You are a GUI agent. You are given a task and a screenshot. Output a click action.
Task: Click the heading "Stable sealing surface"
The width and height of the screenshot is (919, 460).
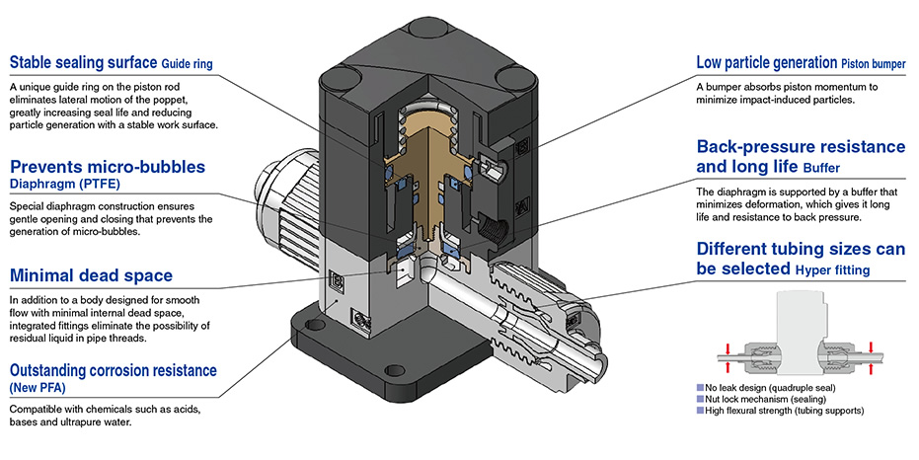[83, 62]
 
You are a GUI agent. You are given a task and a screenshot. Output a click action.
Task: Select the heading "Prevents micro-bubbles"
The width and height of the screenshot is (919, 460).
[108, 167]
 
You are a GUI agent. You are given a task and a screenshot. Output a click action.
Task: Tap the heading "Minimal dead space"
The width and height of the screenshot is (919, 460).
[92, 275]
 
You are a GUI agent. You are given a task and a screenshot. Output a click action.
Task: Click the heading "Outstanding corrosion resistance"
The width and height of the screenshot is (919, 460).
[114, 370]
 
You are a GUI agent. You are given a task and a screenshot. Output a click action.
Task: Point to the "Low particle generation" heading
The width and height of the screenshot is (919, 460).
[767, 62]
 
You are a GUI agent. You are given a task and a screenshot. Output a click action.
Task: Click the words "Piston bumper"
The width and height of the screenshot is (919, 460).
[874, 64]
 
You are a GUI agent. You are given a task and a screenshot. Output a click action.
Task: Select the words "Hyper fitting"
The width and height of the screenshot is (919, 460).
[832, 270]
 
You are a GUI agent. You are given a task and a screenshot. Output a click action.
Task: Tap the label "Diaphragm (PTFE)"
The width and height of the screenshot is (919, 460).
[64, 184]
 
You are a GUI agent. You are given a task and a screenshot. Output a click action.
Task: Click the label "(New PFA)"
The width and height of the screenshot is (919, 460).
[38, 387]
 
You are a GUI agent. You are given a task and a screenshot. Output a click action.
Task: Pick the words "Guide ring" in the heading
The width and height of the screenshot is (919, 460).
[187, 64]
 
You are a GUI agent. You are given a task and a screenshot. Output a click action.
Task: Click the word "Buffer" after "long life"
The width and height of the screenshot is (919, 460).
[821, 168]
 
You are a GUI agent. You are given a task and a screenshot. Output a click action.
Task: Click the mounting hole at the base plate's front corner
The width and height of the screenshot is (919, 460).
[396, 370]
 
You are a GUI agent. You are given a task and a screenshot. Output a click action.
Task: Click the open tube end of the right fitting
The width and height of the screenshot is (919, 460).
[590, 361]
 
